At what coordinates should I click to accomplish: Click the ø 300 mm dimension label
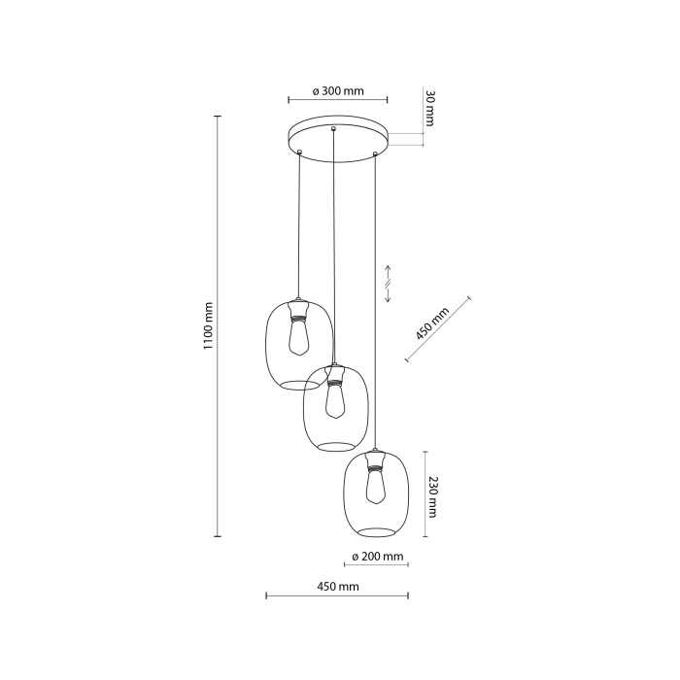coord(338,91)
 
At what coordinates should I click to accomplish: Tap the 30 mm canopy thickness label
coord(428,109)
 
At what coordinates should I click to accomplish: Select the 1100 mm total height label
coord(208,325)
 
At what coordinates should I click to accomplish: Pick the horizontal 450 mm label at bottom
coord(337,587)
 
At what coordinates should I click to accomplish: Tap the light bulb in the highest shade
coord(298,339)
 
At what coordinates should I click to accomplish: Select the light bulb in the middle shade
coord(335,400)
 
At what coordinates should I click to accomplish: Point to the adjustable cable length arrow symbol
coord(388,283)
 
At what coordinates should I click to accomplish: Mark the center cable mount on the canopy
coord(334,129)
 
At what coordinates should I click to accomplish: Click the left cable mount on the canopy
coord(300,152)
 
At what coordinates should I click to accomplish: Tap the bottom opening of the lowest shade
coord(374,530)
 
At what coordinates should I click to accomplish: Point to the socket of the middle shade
coord(335,374)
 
